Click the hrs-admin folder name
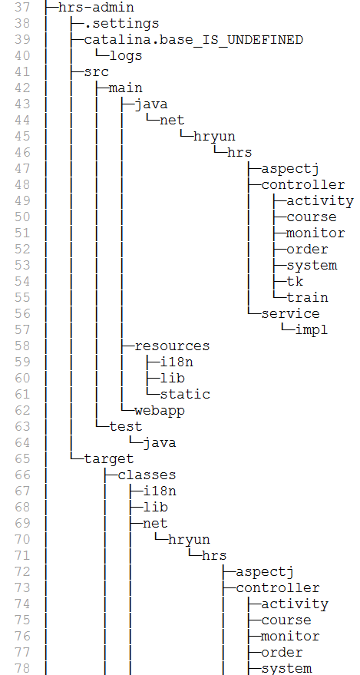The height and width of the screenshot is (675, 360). pyautogui.click(x=96, y=8)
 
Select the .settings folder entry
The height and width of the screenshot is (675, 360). pyautogui.click(x=121, y=23)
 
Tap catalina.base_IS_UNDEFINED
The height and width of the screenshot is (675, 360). pyautogui.click(x=193, y=40)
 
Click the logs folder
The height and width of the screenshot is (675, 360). pyautogui.click(x=126, y=55)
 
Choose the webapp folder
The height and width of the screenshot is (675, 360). pyautogui.click(x=160, y=410)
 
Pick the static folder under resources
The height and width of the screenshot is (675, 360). pyautogui.click(x=185, y=394)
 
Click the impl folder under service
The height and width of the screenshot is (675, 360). pyautogui.click(x=312, y=329)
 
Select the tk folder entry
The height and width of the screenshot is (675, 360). pyautogui.click(x=295, y=281)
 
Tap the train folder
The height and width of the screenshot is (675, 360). pyautogui.click(x=307, y=297)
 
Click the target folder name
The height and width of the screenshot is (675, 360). pyautogui.click(x=109, y=459)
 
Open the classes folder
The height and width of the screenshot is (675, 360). pyautogui.click(x=147, y=475)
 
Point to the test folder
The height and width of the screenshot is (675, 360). pyautogui.click(x=126, y=426)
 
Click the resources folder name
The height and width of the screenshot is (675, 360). pyautogui.click(x=172, y=346)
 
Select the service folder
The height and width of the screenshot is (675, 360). pyautogui.click(x=290, y=313)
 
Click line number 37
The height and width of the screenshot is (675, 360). pyautogui.click(x=22, y=8)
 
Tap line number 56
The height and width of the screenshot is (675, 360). pyautogui.click(x=22, y=313)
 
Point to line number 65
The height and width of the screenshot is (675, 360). pyautogui.click(x=22, y=458)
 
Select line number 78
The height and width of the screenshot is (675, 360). pyautogui.click(x=22, y=668)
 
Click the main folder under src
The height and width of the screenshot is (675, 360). pyautogui.click(x=126, y=88)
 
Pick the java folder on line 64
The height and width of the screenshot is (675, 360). pyautogui.click(x=159, y=443)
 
